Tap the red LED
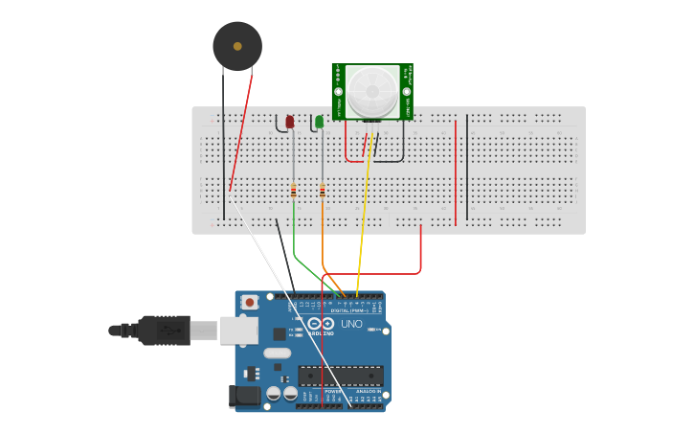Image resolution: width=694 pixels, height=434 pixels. pyautogui.click(x=290, y=122)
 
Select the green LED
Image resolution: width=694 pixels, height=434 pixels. pyautogui.click(x=320, y=122)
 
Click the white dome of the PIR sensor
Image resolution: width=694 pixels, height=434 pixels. pyautogui.click(x=370, y=91)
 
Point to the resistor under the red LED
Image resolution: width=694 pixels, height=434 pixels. pyautogui.click(x=294, y=191)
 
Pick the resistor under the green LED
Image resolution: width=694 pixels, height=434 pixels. pyautogui.click(x=323, y=191)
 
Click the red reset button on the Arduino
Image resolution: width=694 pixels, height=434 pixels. pyautogui.click(x=250, y=302)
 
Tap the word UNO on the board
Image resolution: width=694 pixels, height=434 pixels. pyautogui.click(x=351, y=324)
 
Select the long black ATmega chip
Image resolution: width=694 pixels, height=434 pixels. pyautogui.click(x=341, y=376)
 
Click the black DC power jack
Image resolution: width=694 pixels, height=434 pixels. pyautogui.click(x=245, y=396)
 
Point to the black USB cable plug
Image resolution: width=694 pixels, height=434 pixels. pyautogui.click(x=163, y=330)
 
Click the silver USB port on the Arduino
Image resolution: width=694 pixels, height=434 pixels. pyautogui.click(x=239, y=331)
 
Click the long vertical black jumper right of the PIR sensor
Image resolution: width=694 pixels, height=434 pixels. pyautogui.click(x=467, y=168)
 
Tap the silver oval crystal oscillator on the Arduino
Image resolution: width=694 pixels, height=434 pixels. pyautogui.click(x=277, y=353)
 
